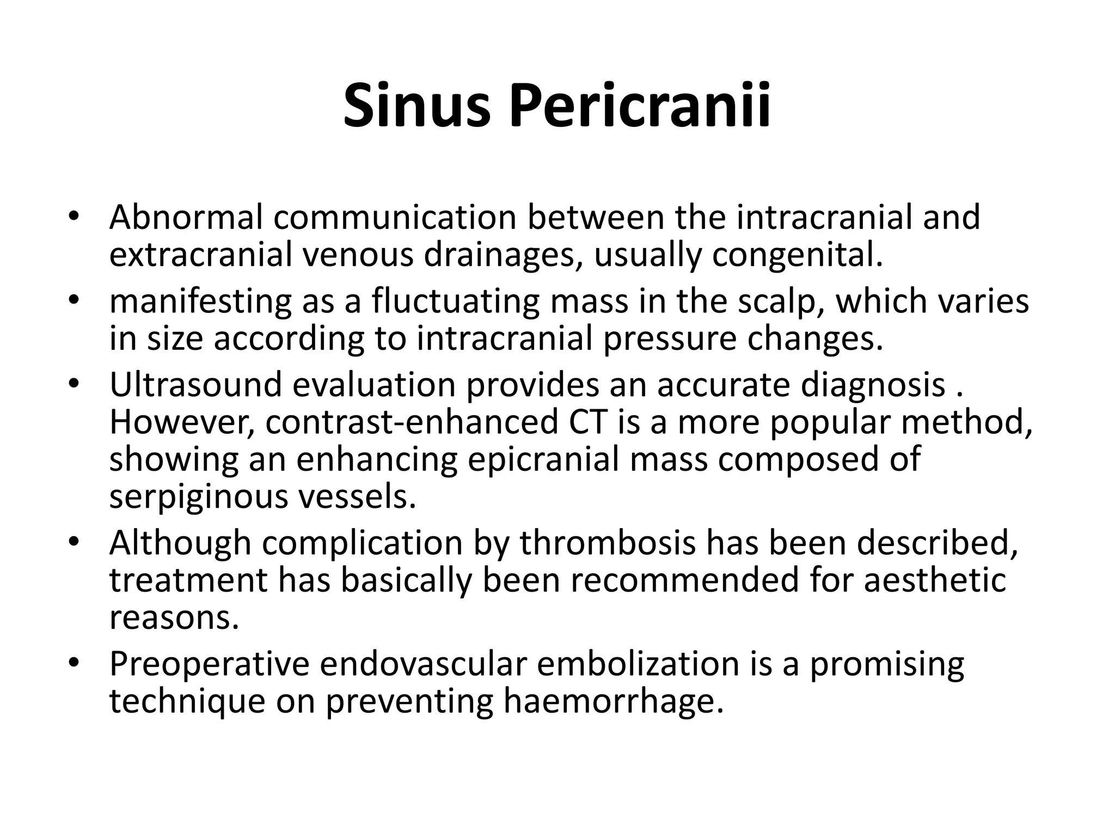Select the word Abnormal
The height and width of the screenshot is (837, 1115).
click(186, 217)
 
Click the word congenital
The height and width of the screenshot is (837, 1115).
click(798, 255)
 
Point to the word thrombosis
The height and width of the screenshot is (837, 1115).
click(608, 543)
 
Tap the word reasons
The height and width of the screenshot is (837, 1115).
click(174, 617)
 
